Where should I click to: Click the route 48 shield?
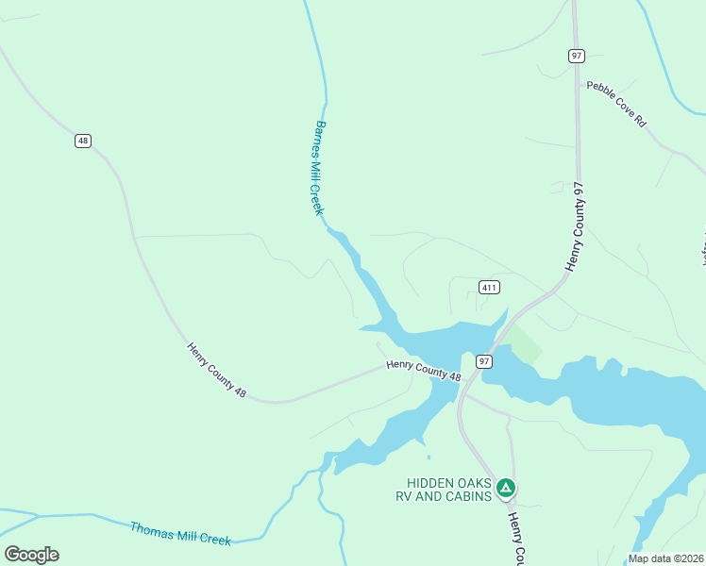(83, 141)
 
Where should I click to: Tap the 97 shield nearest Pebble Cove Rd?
(576, 56)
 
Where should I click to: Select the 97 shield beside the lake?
(483, 361)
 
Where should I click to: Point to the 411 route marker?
(489, 287)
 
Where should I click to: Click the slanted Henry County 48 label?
(216, 370)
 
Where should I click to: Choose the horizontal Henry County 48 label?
(424, 371)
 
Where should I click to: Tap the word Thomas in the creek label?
(151, 531)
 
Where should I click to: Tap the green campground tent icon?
(506, 488)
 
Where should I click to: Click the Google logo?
(31, 555)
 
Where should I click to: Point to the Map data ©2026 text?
(664, 558)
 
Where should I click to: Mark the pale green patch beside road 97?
(526, 344)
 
